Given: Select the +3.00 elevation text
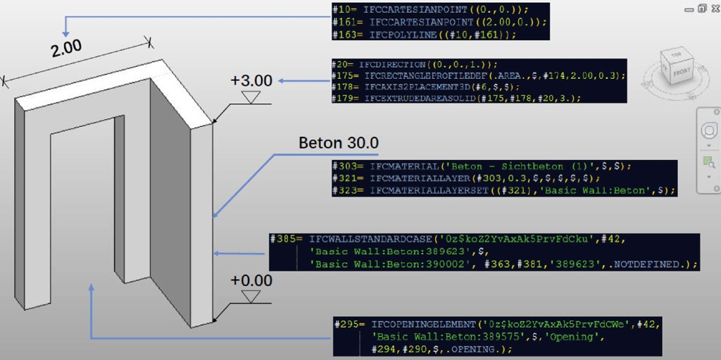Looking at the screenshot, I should pos(251,81).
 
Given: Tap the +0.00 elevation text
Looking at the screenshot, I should pos(251,280).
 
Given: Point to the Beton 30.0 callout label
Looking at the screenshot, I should pos(338,143).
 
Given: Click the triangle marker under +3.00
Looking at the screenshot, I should pos(250,97).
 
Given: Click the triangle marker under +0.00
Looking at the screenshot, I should pos(250,296).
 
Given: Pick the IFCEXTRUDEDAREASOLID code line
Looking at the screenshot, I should pos(458,98).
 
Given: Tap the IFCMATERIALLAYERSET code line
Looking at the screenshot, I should pos(503,190).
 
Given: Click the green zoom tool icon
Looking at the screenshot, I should pos(708,162).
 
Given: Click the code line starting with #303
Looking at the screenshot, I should pos(482,167).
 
